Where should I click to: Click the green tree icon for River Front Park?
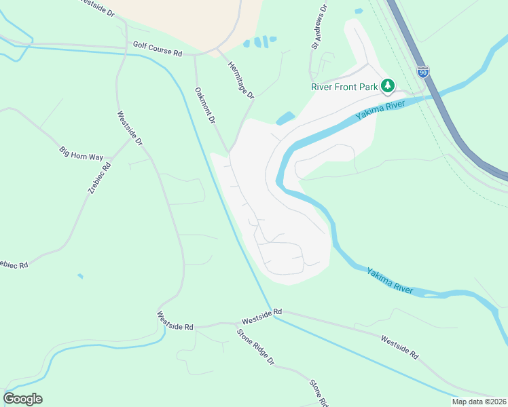[x=388, y=86]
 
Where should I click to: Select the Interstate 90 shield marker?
[x=423, y=72]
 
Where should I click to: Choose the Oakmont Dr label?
[x=204, y=105]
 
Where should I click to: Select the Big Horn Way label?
[x=81, y=153]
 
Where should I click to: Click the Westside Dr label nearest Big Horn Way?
[x=130, y=128]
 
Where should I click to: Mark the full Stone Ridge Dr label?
[x=255, y=345]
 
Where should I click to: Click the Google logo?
[x=22, y=399]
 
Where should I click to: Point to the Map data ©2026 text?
[x=479, y=402]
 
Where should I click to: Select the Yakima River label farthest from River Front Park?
[x=390, y=281]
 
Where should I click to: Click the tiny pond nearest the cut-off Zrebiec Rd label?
[x=81, y=276]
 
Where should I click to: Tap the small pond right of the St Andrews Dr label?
[x=358, y=11]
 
